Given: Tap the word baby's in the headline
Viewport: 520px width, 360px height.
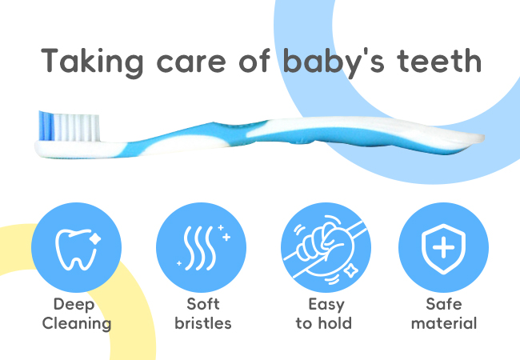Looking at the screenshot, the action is (x=334, y=62).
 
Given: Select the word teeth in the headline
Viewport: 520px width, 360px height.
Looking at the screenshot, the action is (x=439, y=61).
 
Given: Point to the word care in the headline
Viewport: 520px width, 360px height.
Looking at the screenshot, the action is (x=191, y=64).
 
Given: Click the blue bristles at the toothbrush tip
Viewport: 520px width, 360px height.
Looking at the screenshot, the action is (x=46, y=126).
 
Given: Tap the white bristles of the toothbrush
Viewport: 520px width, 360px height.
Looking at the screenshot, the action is (x=77, y=128).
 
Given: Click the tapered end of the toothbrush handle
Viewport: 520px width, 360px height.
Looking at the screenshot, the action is (x=478, y=138).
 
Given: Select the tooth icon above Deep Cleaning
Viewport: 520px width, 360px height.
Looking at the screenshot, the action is (x=76, y=249).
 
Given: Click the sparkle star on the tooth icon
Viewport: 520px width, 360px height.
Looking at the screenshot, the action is (x=95, y=239).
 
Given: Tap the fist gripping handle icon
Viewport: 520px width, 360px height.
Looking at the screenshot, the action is (x=325, y=250).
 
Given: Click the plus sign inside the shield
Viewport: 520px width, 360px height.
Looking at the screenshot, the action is (x=443, y=247).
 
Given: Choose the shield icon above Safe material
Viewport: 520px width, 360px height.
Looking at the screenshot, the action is (x=443, y=249).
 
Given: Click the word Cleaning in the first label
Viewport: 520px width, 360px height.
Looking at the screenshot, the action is (x=77, y=324).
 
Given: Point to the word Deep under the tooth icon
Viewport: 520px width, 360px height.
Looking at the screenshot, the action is (x=74, y=305).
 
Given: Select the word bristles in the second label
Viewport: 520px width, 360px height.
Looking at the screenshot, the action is (x=203, y=323).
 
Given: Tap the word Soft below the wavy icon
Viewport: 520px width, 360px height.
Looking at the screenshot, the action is (x=203, y=304).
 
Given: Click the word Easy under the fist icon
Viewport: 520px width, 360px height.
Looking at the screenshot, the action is (x=326, y=305).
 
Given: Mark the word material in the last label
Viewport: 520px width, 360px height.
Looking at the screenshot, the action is (x=444, y=323).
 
